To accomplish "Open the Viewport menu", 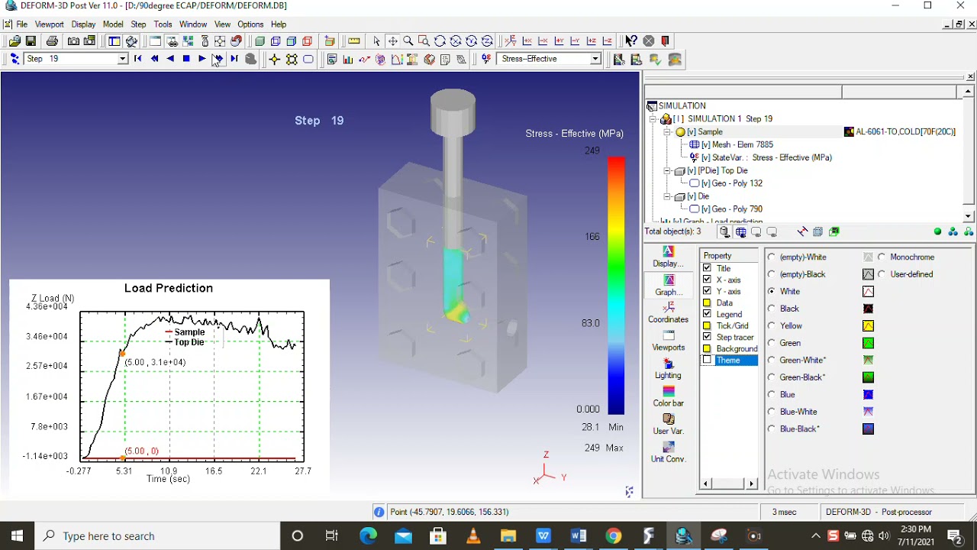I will tap(50, 24).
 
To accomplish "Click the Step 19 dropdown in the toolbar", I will tap(75, 59).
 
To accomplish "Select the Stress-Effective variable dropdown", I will tap(550, 59).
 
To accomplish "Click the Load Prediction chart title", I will tap(169, 288).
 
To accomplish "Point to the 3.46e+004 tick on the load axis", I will tap(47, 336).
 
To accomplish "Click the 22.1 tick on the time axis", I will tap(259, 471).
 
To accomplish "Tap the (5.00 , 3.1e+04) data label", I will tap(155, 362).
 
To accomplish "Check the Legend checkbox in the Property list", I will tap(707, 314).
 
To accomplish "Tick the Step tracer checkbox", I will tap(707, 337).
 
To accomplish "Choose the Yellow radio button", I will tap(772, 325).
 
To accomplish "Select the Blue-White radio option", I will tap(772, 412).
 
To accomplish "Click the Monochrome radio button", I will tap(882, 257).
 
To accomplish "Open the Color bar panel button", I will tap(668, 396).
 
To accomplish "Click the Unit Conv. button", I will tap(668, 451).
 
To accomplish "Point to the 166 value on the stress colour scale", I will tap(592, 237).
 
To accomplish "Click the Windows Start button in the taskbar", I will tap(17, 535).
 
